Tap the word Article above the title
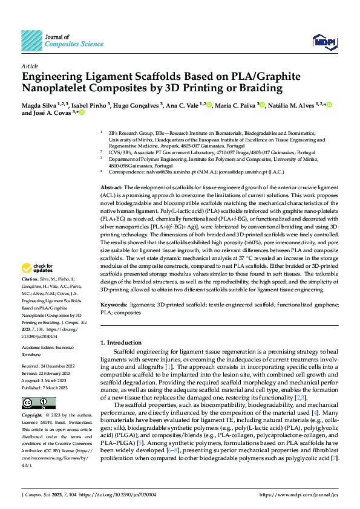pyautogui.click(x=30, y=66)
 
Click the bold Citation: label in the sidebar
pyautogui.click(x=31, y=279)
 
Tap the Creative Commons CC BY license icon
pyautogui.click(x=31, y=403)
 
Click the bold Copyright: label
pyautogui.click(x=33, y=416)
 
